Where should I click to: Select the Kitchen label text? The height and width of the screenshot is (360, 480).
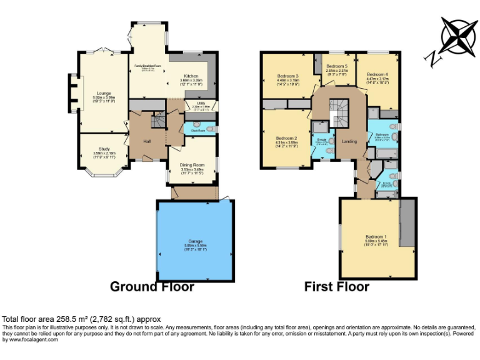pos(191,76)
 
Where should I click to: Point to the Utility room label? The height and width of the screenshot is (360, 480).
pos(201,103)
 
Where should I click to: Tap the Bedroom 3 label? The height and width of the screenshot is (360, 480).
pos(287,76)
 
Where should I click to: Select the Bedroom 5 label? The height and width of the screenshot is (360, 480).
pos(336,66)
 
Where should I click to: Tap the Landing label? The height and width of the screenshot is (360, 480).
pos(349,142)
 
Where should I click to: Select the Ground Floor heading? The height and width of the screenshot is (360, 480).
pos(152,287)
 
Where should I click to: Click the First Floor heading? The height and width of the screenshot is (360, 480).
pos(337,287)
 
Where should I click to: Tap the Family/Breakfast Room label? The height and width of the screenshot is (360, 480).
pos(148,66)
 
